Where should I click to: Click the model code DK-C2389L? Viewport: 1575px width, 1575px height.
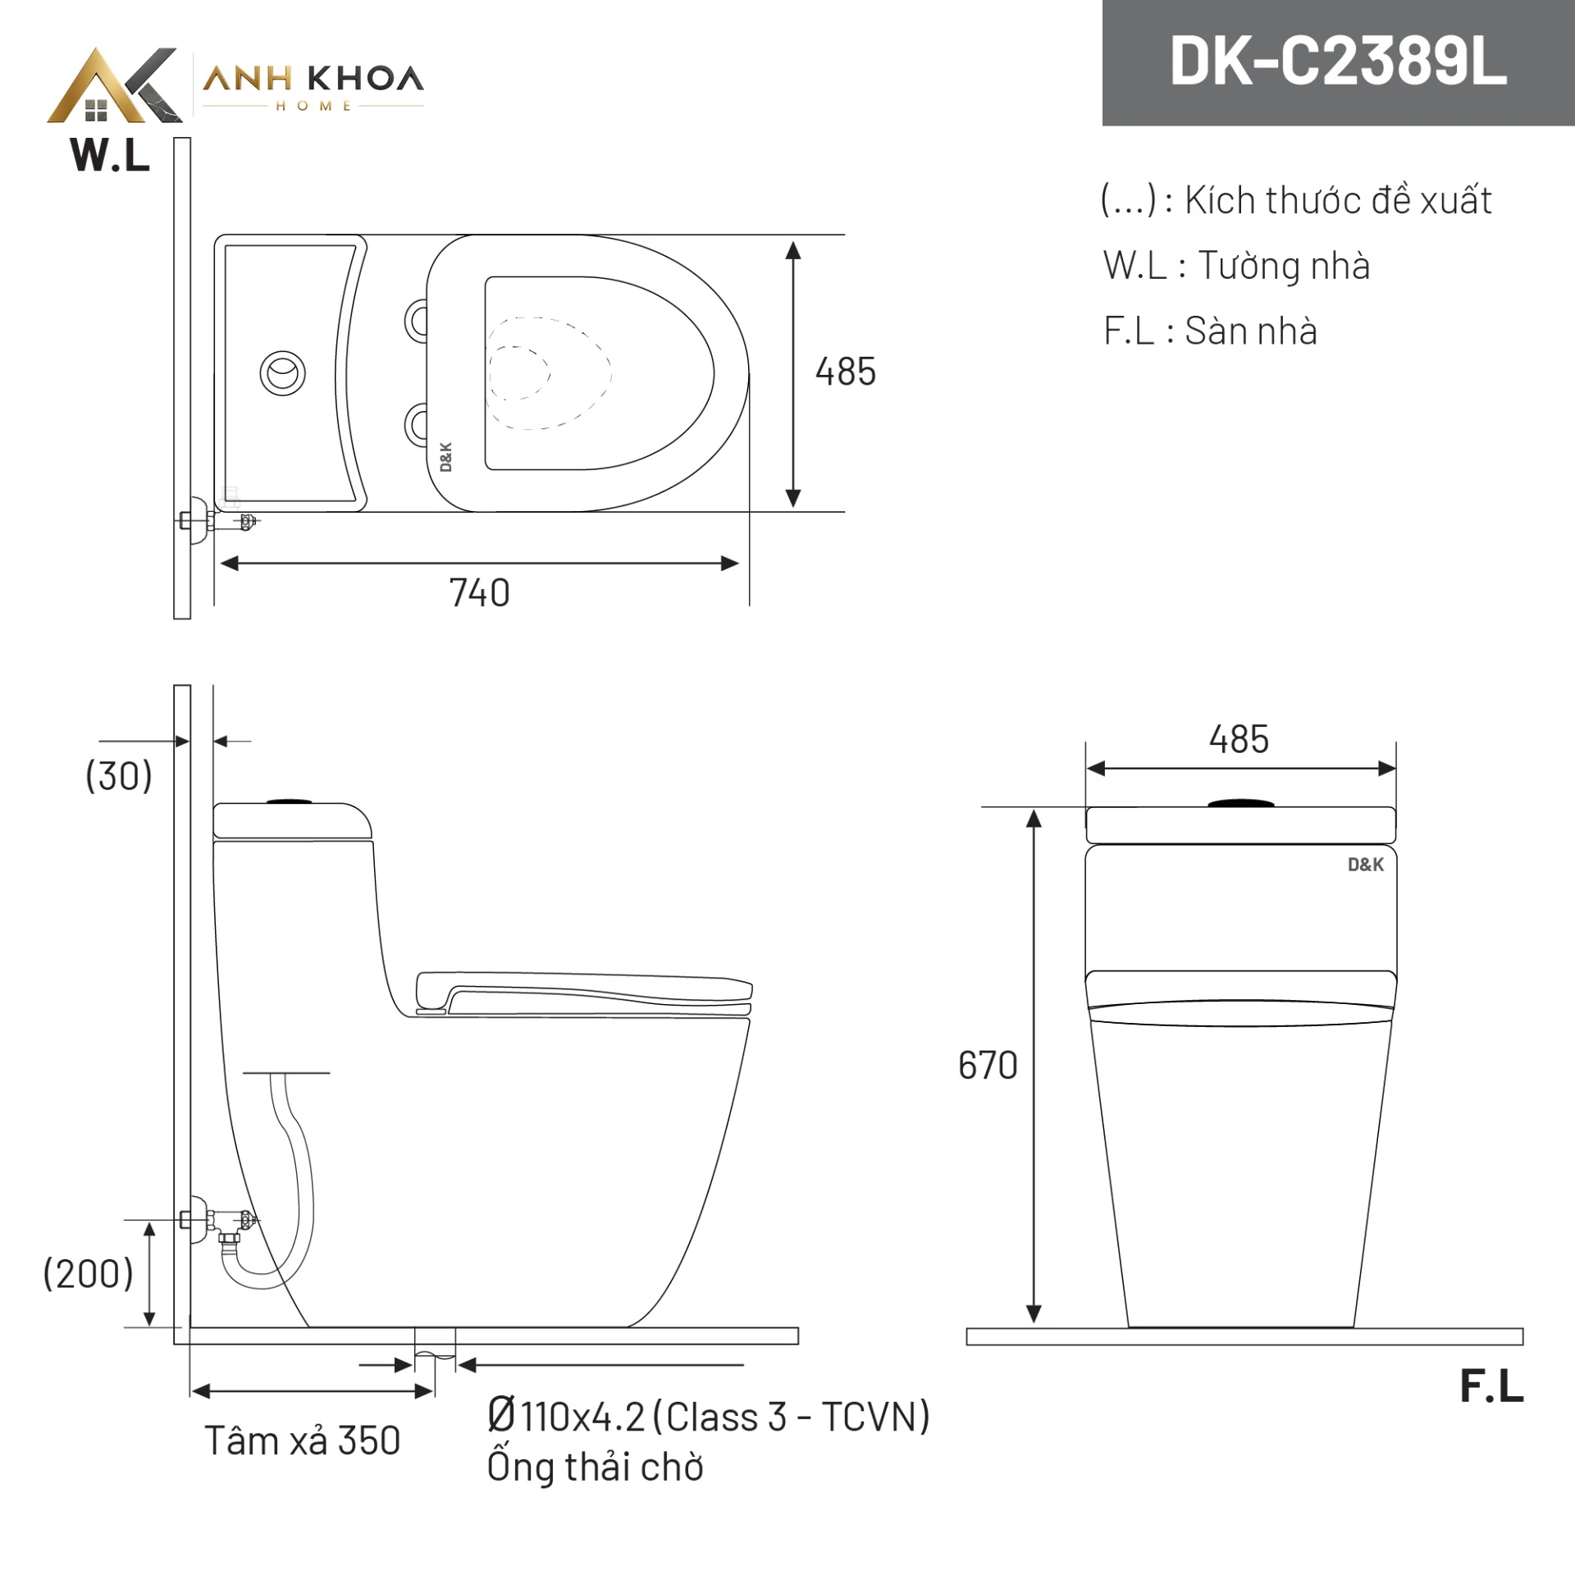coord(1338,62)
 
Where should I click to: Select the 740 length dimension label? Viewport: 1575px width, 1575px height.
coord(479,593)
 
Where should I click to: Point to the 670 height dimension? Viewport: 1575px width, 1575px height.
coord(988,1066)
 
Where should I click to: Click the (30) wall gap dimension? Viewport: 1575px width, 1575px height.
coord(119,775)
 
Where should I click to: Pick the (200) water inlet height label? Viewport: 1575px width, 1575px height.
coord(88,1274)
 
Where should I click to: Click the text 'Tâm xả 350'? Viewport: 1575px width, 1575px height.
coord(303,1440)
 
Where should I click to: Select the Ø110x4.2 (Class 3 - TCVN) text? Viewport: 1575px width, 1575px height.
coord(709,1416)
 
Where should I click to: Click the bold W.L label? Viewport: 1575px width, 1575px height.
coord(111,155)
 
